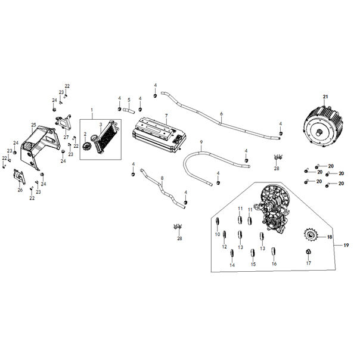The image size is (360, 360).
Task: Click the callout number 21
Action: (325, 97)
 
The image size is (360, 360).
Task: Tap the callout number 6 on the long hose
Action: (221, 113)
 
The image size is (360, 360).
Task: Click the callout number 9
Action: (201, 142)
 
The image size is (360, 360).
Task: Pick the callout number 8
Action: (162, 178)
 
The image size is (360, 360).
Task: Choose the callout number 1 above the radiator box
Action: (92, 111)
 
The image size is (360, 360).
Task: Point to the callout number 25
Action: (34, 124)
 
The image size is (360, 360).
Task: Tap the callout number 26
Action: (20, 190)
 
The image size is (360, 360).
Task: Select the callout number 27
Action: (66, 137)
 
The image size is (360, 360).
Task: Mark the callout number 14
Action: (232, 265)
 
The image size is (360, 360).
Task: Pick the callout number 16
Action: (274, 263)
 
